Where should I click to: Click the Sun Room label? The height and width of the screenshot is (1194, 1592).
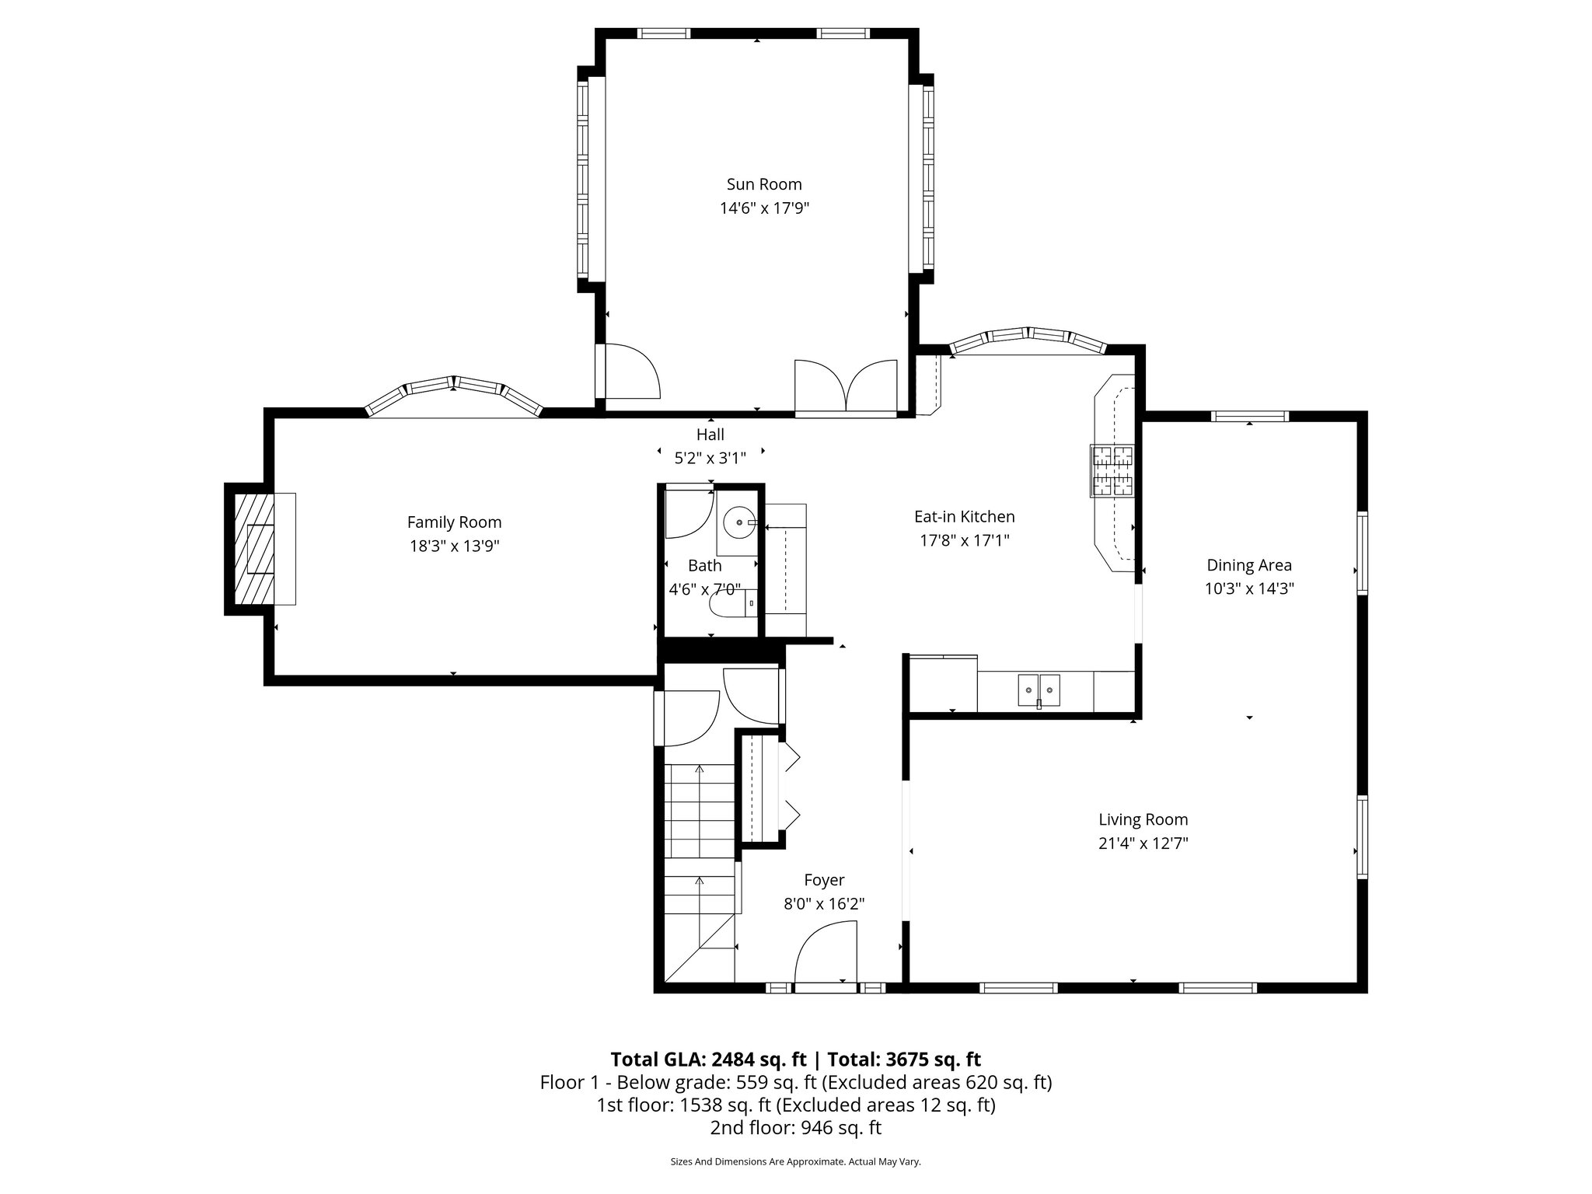point(763,184)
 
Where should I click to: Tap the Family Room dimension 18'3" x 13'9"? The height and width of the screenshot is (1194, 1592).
point(454,546)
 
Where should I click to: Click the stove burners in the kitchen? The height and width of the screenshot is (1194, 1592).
point(1112,470)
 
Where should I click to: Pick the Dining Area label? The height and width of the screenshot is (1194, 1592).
point(1248,565)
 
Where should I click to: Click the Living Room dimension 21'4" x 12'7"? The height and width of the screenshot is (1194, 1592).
point(1143,843)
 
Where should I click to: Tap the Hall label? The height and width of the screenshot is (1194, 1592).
point(710,435)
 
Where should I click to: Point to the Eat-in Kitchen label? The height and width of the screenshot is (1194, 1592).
point(964,516)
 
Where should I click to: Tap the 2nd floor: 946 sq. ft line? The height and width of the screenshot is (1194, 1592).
point(795,1128)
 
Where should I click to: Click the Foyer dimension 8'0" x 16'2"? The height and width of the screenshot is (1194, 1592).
point(824,904)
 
